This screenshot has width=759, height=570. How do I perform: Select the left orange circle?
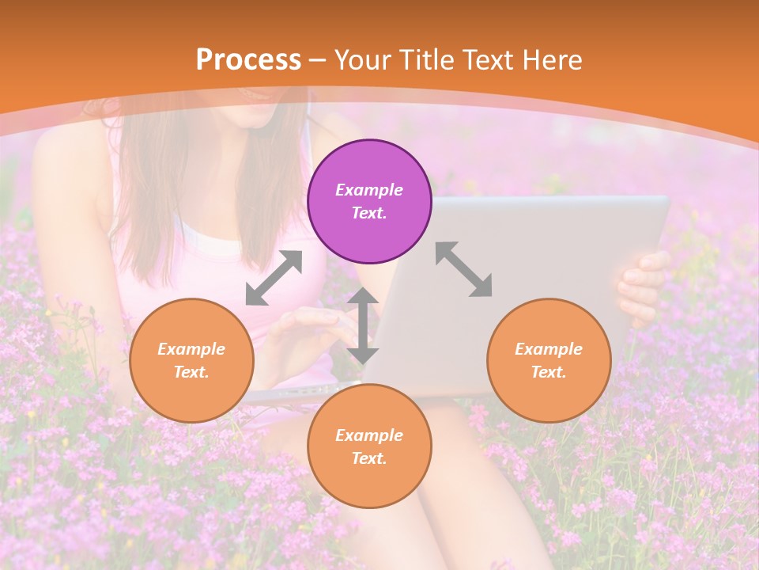(191, 360)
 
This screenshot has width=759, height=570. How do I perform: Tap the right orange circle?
(549, 360)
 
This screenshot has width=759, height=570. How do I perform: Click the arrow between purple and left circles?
(274, 278)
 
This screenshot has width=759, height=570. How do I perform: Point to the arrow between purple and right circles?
(463, 269)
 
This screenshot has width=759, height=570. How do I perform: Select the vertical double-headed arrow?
(363, 325)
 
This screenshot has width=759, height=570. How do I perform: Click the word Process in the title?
(248, 59)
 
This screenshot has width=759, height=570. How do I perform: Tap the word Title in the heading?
(425, 59)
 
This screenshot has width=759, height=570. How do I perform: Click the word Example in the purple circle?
(369, 190)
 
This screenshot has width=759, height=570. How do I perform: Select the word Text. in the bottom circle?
(369, 458)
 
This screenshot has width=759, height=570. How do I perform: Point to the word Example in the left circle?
(191, 349)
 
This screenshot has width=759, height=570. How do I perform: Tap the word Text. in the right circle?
(549, 372)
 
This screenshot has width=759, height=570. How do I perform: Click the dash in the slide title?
(318, 60)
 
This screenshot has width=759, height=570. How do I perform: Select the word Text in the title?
(489, 59)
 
